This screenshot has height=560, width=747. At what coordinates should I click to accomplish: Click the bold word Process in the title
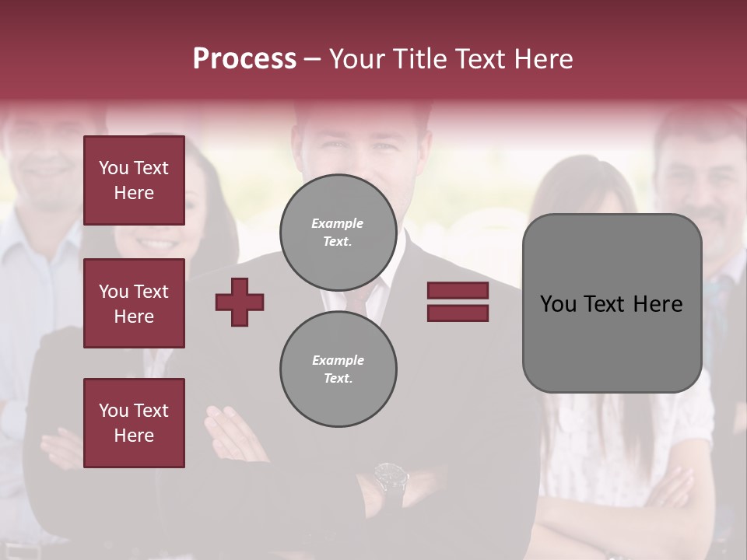[x=244, y=59]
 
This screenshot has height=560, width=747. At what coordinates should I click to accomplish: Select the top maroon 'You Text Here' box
[x=134, y=180]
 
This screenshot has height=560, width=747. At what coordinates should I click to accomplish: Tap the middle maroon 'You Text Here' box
[x=134, y=303]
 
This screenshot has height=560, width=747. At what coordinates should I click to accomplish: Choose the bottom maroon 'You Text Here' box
[x=134, y=423]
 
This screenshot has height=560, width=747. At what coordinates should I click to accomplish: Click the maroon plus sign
[x=240, y=302]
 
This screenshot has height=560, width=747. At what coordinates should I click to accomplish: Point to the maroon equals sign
[x=458, y=302]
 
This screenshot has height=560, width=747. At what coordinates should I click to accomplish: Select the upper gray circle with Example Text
[x=338, y=232]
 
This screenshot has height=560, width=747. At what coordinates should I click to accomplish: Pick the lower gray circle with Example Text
[x=338, y=369]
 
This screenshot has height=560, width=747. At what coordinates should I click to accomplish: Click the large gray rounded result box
[x=612, y=303]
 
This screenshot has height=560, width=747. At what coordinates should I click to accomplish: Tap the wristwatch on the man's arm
[x=391, y=476]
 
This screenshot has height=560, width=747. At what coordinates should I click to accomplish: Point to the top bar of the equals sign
[x=458, y=291]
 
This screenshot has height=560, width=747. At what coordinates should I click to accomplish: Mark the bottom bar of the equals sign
[x=458, y=313]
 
